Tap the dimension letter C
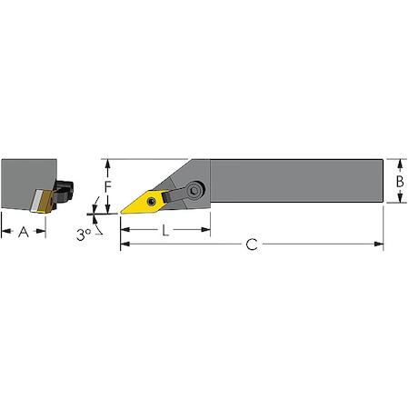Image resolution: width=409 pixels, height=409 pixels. coord(254,244)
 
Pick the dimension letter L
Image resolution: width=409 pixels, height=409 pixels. coord(165,231)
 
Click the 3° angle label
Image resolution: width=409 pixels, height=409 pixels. coord(83,234)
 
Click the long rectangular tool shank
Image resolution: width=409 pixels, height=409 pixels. coord(295,182)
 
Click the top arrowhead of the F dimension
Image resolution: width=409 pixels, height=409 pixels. coord(108,163)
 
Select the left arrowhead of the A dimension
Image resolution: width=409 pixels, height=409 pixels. coord(5,231)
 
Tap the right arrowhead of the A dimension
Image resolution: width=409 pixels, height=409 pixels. coord(43,231)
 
